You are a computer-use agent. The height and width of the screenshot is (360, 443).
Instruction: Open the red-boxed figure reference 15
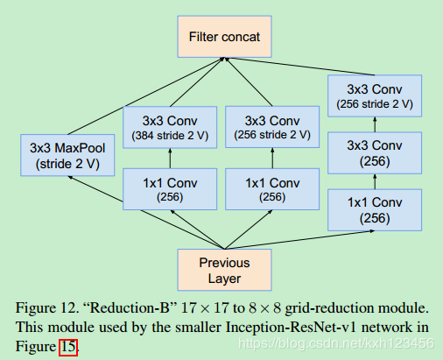click(69, 348)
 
